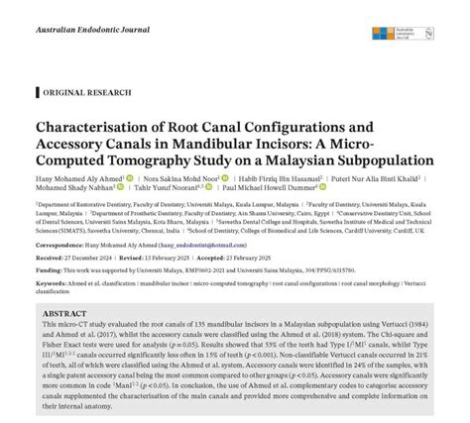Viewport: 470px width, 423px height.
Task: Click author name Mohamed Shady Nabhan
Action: [74, 191]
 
